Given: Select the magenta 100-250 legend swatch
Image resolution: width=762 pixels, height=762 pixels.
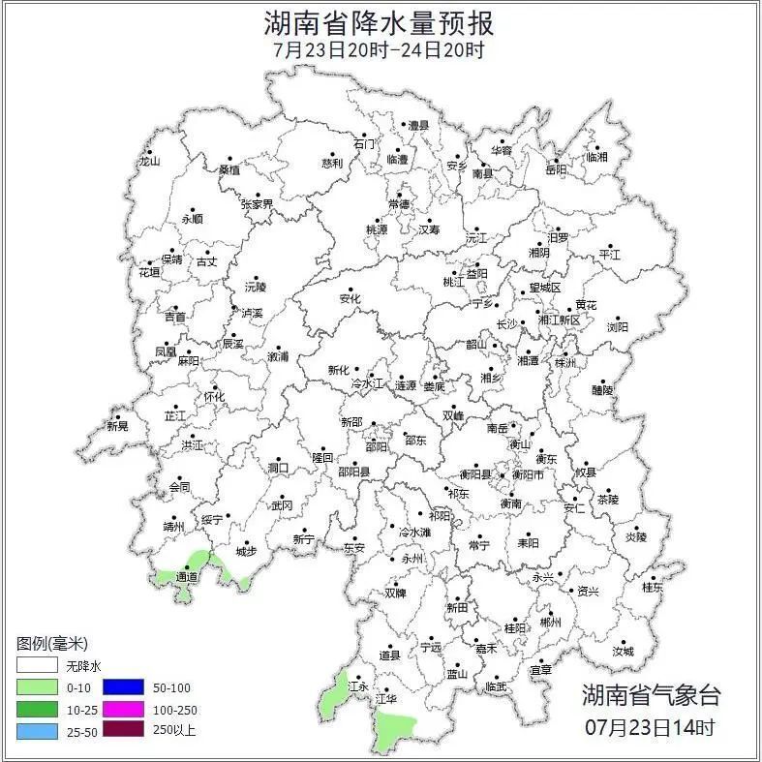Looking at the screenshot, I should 122,710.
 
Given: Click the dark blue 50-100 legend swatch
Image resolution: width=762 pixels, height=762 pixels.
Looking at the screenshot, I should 122,688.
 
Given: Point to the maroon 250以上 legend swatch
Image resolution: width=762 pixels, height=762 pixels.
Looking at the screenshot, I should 122,731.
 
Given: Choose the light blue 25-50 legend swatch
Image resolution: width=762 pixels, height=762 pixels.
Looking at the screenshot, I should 36,731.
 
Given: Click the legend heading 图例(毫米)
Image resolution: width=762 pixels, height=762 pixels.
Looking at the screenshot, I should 52,644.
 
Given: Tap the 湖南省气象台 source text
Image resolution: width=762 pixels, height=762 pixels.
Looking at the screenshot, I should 651,694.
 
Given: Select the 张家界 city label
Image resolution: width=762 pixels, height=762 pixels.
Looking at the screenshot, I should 257,204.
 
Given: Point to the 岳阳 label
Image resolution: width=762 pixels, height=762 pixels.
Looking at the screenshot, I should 556,170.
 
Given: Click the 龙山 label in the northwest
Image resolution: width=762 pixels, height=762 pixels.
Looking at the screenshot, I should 148,162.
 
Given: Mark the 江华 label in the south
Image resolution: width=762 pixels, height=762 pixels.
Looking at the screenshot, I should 387,698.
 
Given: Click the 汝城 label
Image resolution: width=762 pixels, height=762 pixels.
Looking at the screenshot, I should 623,652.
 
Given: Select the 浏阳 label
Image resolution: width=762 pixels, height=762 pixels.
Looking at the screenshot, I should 617,327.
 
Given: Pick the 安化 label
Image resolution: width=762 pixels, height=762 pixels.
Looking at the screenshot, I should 350,299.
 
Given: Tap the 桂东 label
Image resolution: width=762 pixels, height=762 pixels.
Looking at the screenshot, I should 654,587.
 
